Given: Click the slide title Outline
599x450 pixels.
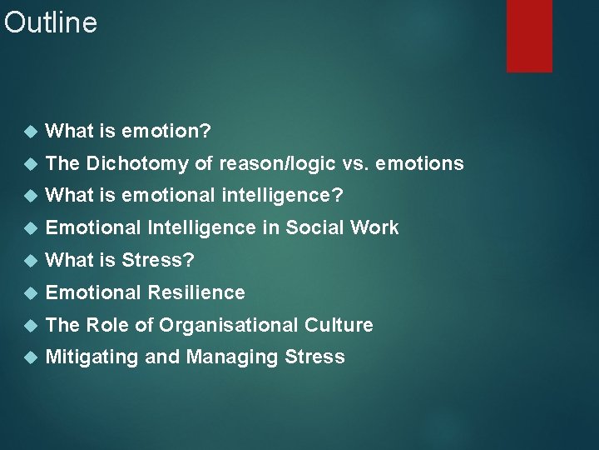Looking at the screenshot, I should (x=51, y=22).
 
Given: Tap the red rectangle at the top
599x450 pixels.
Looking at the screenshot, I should (x=529, y=35).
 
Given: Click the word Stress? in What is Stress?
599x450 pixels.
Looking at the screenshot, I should (x=157, y=260).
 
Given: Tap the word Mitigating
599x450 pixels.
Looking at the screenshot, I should (x=92, y=357).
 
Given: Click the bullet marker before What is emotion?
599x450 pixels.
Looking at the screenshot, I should (x=31, y=132).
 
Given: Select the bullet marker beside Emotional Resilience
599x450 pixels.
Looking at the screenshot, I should (x=31, y=293).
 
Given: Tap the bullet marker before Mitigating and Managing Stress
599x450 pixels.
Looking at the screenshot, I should (x=31, y=358).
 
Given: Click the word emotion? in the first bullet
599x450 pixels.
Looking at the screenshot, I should (x=166, y=131).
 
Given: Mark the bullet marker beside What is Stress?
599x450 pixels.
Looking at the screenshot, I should (x=31, y=261).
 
